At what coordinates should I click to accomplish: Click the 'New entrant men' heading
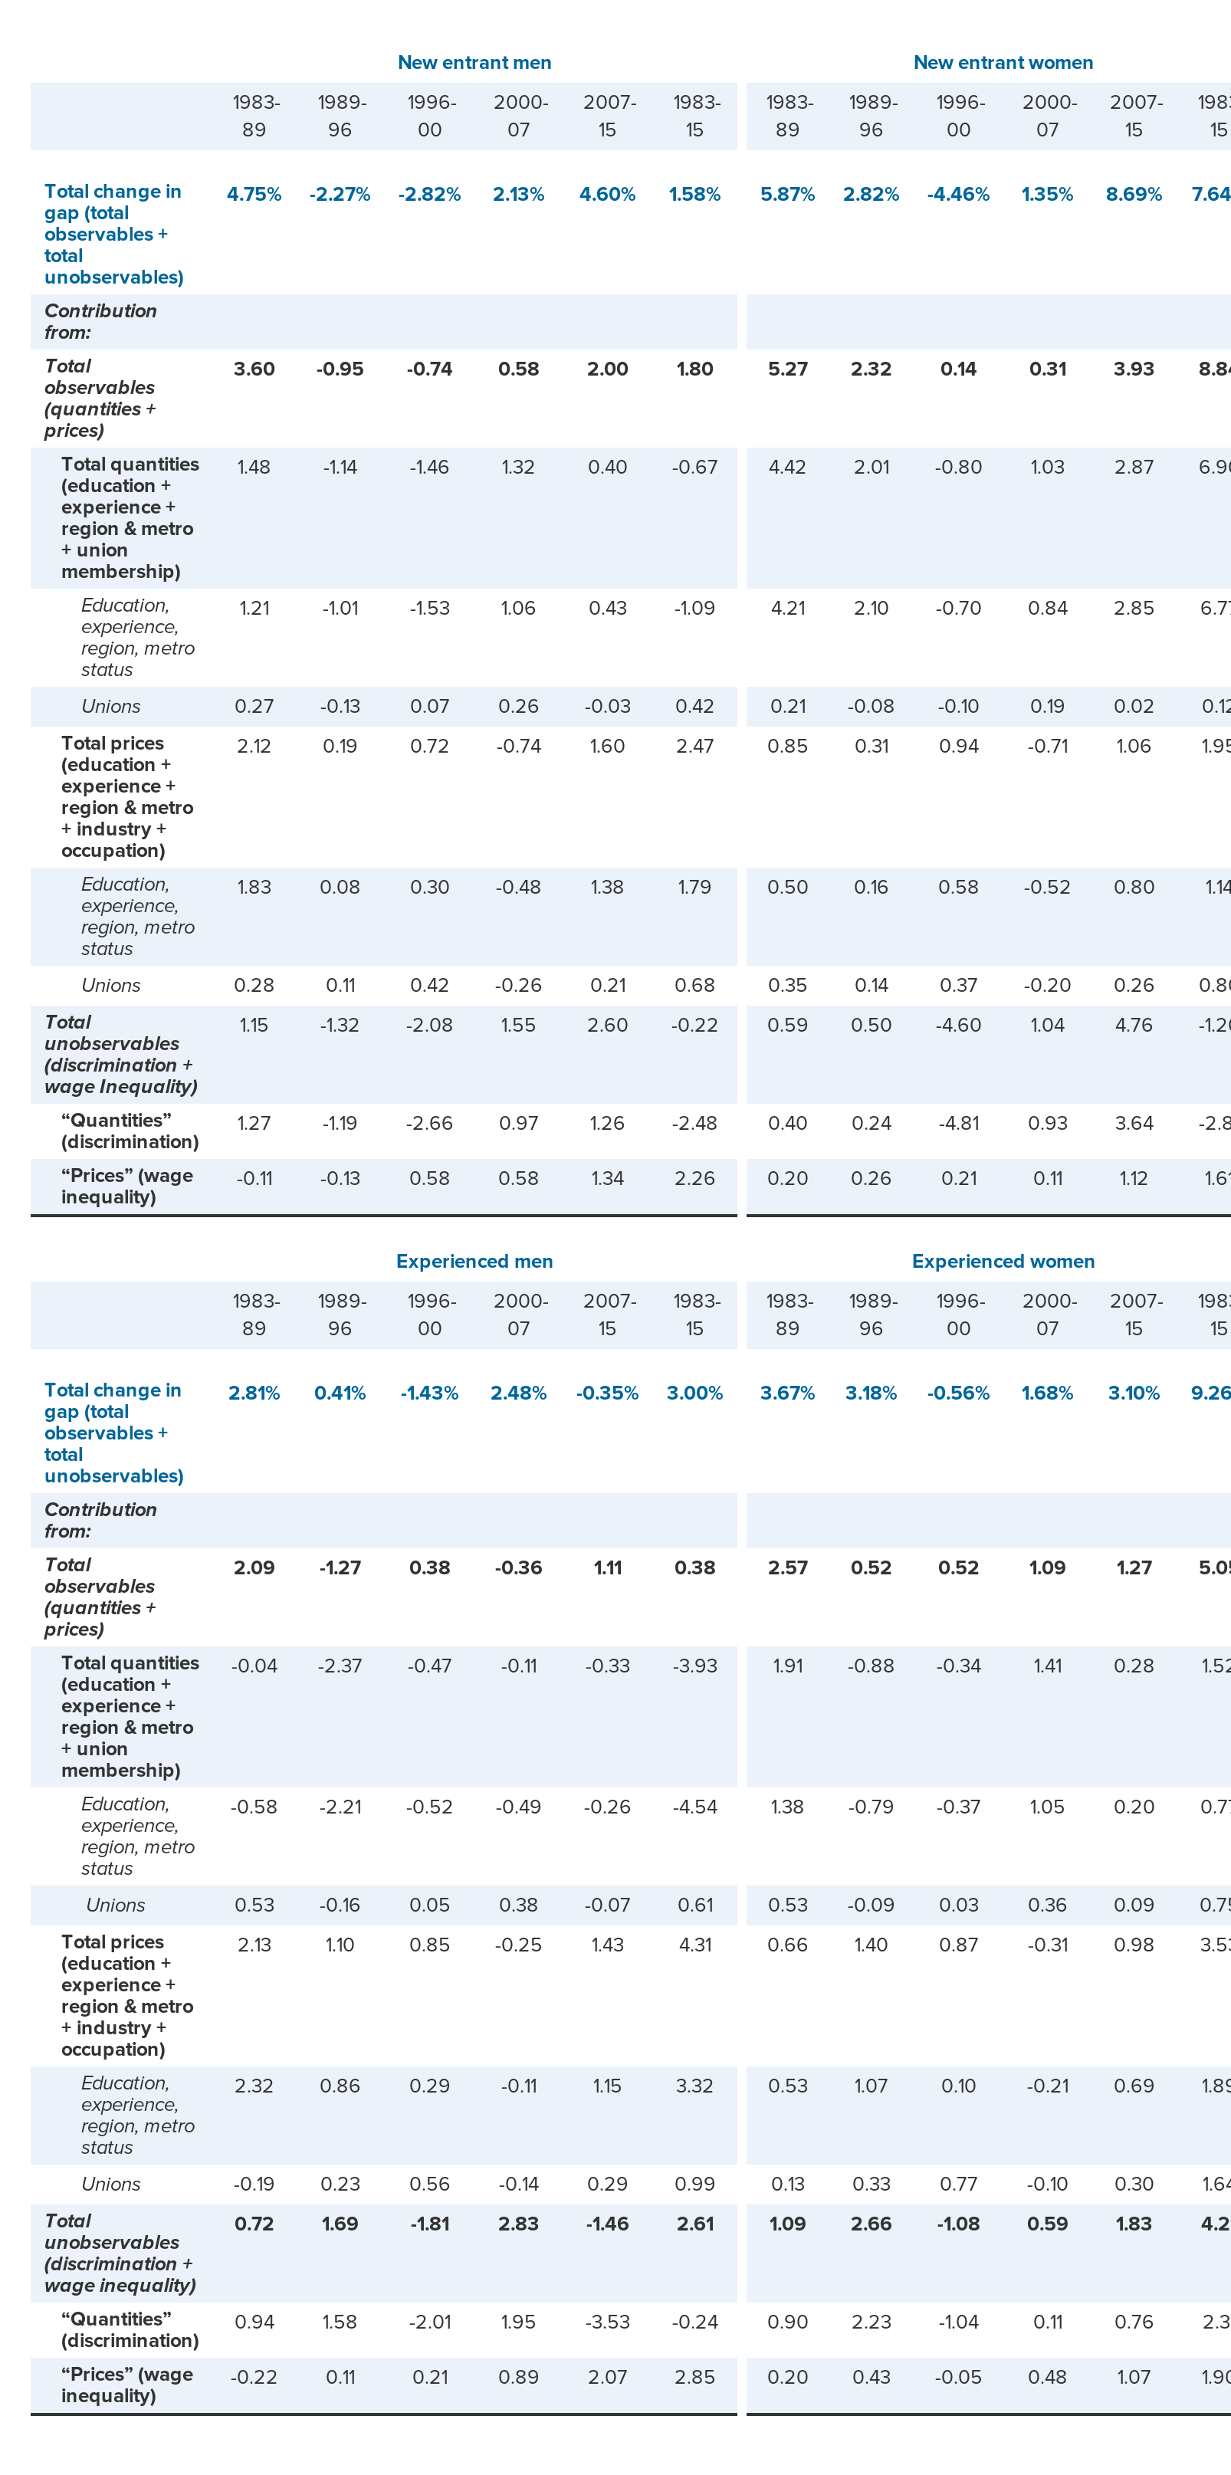click(474, 62)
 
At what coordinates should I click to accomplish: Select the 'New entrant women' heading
click(1003, 62)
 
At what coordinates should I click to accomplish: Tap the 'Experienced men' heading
click(474, 1261)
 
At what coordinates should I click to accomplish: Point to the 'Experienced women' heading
click(1003, 1261)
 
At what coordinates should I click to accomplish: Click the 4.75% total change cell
click(254, 194)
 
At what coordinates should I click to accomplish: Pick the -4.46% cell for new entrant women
click(957, 194)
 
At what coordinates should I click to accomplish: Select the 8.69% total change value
click(1133, 194)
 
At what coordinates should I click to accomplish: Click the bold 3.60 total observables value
click(254, 369)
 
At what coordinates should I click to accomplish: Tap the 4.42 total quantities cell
click(787, 467)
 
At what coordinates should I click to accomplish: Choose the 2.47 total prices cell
click(694, 746)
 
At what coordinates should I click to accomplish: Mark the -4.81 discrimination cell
click(957, 1122)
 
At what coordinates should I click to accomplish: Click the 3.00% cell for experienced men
click(694, 1392)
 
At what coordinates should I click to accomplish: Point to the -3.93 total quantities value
click(694, 1665)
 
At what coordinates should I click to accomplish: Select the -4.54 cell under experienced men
click(694, 1807)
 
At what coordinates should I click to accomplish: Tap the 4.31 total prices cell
click(694, 1944)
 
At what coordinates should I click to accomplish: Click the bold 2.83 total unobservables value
click(518, 2224)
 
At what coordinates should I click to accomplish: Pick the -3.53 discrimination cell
click(606, 2321)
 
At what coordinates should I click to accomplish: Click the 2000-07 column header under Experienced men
click(520, 1314)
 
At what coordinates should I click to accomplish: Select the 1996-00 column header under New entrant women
click(959, 115)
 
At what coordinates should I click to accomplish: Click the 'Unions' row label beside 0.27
click(110, 706)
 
